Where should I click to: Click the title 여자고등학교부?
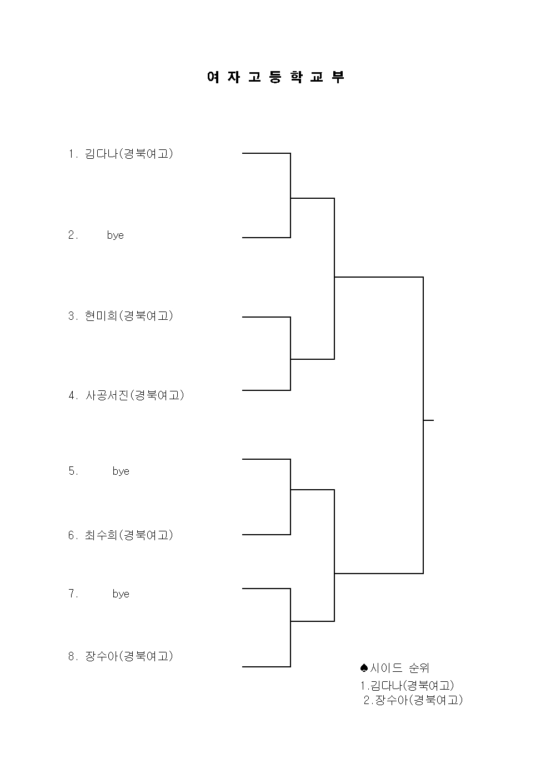coord(275,77)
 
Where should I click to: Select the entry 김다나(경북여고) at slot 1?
coord(129,153)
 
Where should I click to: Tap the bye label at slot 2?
coord(115,235)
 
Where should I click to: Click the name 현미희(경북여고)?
coord(129,316)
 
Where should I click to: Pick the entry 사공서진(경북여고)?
coord(134,395)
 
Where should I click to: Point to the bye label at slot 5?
coord(121,471)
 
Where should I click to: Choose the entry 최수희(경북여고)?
coord(129,535)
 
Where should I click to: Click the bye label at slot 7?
coord(121,594)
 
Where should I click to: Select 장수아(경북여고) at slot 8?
coord(129,656)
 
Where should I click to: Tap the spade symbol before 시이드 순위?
coord(364,668)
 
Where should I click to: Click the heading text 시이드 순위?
coord(399,668)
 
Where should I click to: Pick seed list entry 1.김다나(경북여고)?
coord(407,686)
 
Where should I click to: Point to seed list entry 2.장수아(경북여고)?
coord(413,700)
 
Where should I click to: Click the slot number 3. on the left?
coord(73,316)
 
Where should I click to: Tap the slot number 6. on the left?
coord(73,535)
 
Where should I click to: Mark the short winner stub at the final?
coord(429,420)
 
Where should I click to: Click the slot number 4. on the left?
coord(73,395)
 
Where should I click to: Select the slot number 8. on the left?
coord(73,657)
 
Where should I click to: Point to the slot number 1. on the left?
coord(73,154)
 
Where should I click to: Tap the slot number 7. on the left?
coord(73,594)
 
